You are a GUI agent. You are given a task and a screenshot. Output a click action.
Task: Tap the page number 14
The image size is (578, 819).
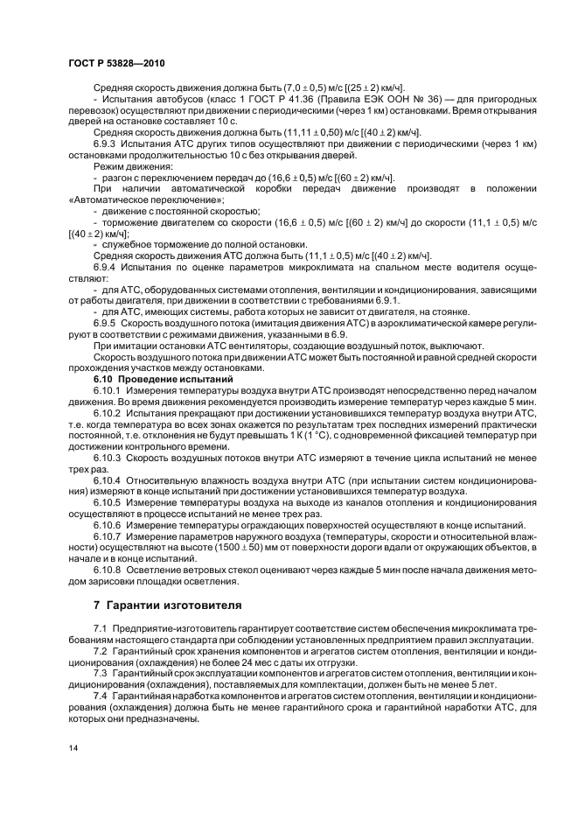pos(72,747)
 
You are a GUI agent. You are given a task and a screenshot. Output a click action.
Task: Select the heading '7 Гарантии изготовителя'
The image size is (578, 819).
pos(168,605)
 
